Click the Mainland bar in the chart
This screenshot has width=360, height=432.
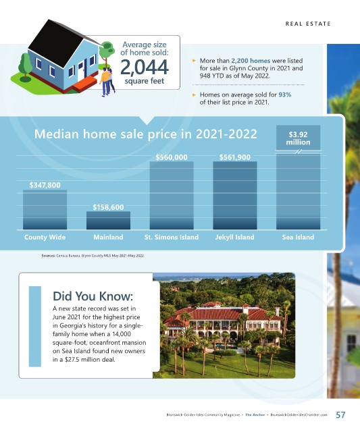(108, 221)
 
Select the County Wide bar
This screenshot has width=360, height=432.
(45, 210)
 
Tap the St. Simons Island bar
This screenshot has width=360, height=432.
(172, 195)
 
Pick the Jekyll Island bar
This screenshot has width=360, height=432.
(235, 195)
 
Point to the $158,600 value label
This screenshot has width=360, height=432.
(108, 207)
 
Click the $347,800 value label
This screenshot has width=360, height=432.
(45, 185)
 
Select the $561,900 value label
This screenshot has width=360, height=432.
(235, 157)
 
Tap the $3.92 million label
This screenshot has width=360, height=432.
(298, 138)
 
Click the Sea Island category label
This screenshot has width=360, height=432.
(298, 237)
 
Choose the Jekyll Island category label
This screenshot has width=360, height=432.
(235, 237)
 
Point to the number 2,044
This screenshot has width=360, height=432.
(145, 67)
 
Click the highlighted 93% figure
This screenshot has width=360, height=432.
(285, 94)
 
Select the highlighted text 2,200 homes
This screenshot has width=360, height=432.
(251, 61)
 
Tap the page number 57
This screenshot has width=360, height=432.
(340, 415)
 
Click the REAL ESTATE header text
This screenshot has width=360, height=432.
(308, 24)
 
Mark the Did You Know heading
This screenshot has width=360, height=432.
(93, 296)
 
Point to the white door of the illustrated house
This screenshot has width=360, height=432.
(80, 72)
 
